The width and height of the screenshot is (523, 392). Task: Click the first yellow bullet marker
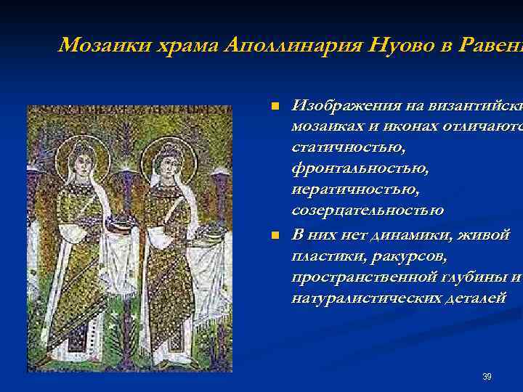coord(274,107)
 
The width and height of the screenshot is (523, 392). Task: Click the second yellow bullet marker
coord(274,236)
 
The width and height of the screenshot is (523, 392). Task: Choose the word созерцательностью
coord(367,211)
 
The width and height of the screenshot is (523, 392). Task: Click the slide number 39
coord(487,377)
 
